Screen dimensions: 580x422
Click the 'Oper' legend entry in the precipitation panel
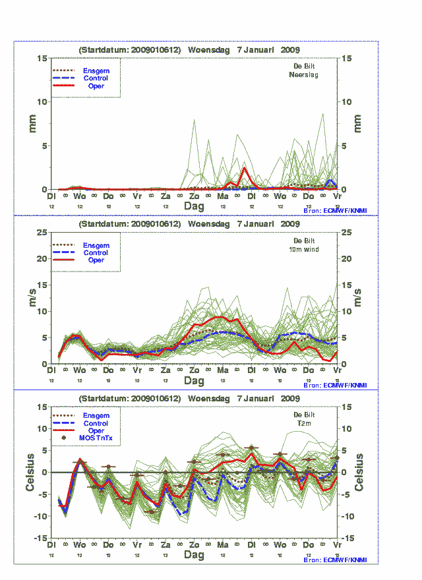(96, 86)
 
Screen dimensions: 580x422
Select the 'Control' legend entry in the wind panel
(96, 252)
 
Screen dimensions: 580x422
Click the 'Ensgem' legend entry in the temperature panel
(96, 416)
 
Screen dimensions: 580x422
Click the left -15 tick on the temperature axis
(40, 538)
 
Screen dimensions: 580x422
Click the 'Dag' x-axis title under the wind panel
(194, 381)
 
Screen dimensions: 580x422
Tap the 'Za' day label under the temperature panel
(166, 546)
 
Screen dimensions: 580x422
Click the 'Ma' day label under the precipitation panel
(223, 196)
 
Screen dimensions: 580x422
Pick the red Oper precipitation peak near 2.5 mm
(245, 168)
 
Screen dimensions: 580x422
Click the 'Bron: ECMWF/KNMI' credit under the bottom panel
(334, 560)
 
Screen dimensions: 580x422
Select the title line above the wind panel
(189, 224)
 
